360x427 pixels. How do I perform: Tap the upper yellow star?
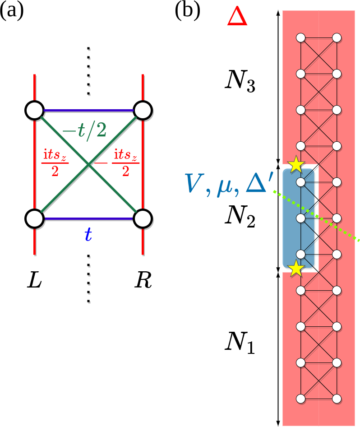coord(295,165)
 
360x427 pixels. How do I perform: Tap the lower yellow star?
coord(296,269)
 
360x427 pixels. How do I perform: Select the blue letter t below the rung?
coord(89,234)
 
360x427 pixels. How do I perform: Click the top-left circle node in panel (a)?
coord(34,110)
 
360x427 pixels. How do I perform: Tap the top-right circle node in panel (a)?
coord(143,110)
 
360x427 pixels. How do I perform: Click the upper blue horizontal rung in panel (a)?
coord(88,110)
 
